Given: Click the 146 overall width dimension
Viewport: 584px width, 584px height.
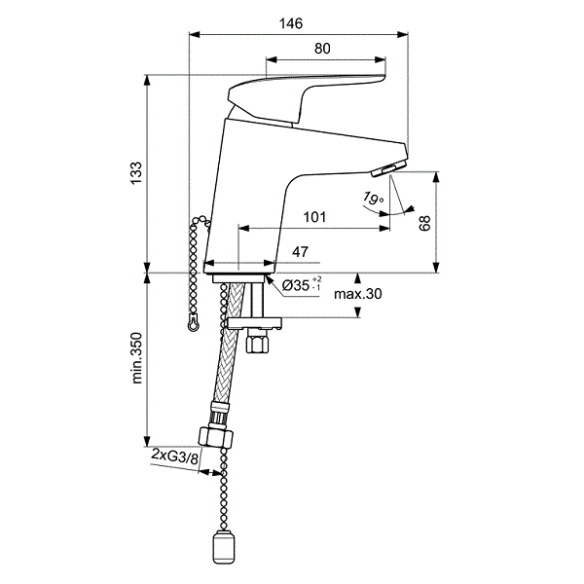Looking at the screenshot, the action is pyautogui.click(x=291, y=23).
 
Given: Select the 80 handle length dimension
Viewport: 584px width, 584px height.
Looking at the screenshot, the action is pyautogui.click(x=322, y=49).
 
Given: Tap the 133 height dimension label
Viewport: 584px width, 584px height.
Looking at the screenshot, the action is pyautogui.click(x=136, y=172).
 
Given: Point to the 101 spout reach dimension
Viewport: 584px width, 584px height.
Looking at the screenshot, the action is pyautogui.click(x=314, y=217).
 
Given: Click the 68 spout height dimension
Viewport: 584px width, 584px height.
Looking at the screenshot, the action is pyautogui.click(x=425, y=223).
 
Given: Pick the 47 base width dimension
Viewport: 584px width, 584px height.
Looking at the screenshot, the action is pyautogui.click(x=300, y=252).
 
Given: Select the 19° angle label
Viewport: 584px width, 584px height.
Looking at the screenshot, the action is pyautogui.click(x=373, y=198).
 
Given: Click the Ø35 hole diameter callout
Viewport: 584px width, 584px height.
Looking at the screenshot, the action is pyautogui.click(x=302, y=285).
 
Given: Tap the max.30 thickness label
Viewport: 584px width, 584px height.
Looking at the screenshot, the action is pyautogui.click(x=358, y=294).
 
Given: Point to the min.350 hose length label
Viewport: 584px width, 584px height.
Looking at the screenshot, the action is pyautogui.click(x=136, y=358).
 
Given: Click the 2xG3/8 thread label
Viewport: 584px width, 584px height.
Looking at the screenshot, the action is pyautogui.click(x=174, y=456).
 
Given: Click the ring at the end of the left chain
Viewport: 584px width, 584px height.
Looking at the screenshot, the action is pyautogui.click(x=193, y=324).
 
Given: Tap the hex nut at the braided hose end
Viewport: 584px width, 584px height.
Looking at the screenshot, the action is pyautogui.click(x=216, y=437).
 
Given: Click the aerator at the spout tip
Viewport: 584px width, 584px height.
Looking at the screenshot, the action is pyautogui.click(x=389, y=169).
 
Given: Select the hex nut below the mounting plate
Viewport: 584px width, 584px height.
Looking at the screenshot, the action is pyautogui.click(x=257, y=344).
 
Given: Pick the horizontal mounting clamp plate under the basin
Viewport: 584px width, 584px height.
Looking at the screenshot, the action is pyautogui.click(x=255, y=323).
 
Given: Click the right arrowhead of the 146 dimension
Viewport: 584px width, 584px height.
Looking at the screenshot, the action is pyautogui.click(x=403, y=35).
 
